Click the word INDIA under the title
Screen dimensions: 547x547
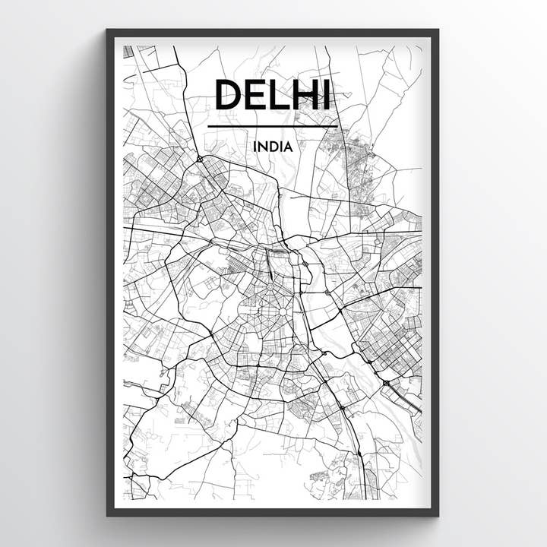pyautogui.click(x=273, y=146)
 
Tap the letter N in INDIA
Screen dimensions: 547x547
pyautogui.click(x=263, y=146)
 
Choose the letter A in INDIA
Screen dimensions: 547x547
pyautogui.click(x=288, y=146)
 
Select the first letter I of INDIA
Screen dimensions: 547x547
pyautogui.click(x=255, y=146)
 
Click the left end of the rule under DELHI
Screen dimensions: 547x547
pyautogui.click(x=209, y=126)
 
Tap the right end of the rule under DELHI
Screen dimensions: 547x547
pyautogui.click(x=337, y=126)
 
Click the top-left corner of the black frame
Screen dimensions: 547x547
pyautogui.click(x=108, y=30)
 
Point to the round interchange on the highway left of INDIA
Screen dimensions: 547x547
pyautogui.click(x=198, y=159)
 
